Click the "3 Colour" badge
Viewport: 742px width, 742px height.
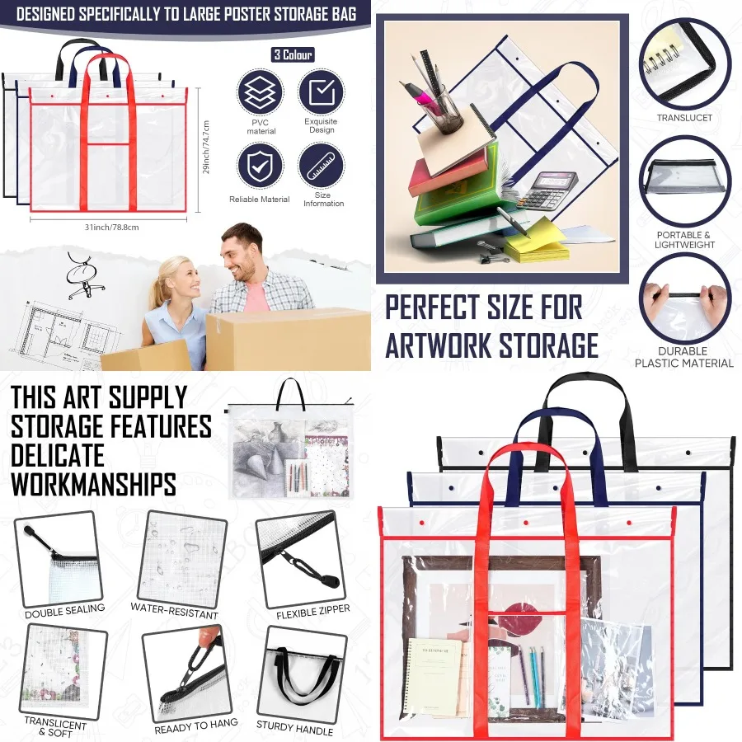point(293,55)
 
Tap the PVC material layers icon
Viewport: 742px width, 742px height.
point(261,92)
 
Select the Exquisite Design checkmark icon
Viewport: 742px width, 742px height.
point(321,91)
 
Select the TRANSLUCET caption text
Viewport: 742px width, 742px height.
point(684,118)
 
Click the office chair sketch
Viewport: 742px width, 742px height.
point(82,276)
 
